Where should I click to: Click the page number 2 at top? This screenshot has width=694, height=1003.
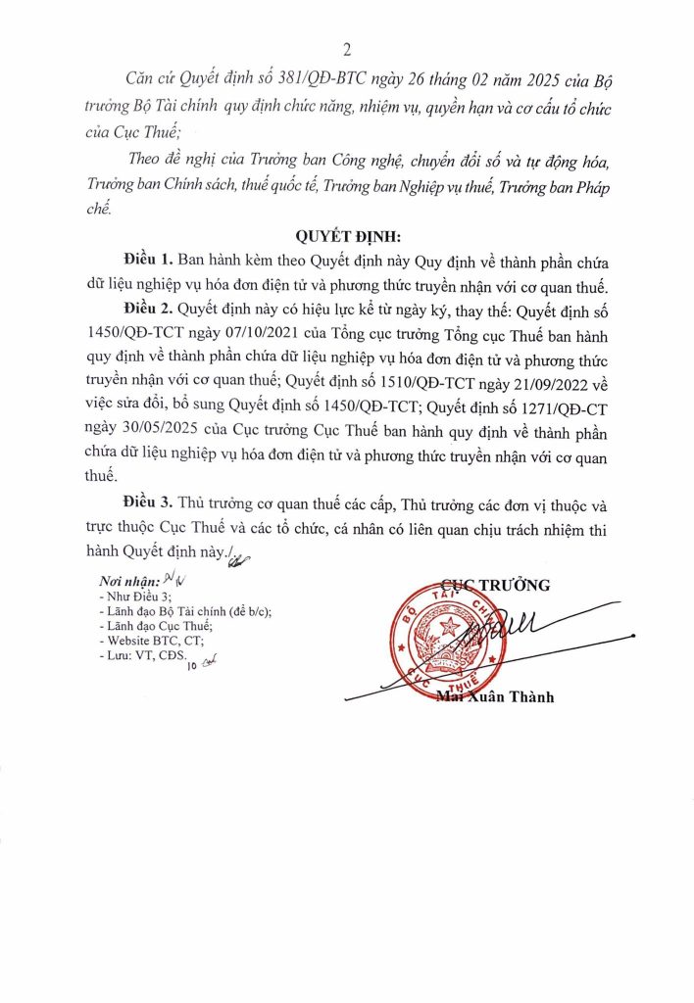[x=347, y=50]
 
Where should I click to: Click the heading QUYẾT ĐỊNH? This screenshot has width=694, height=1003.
[x=347, y=236]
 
